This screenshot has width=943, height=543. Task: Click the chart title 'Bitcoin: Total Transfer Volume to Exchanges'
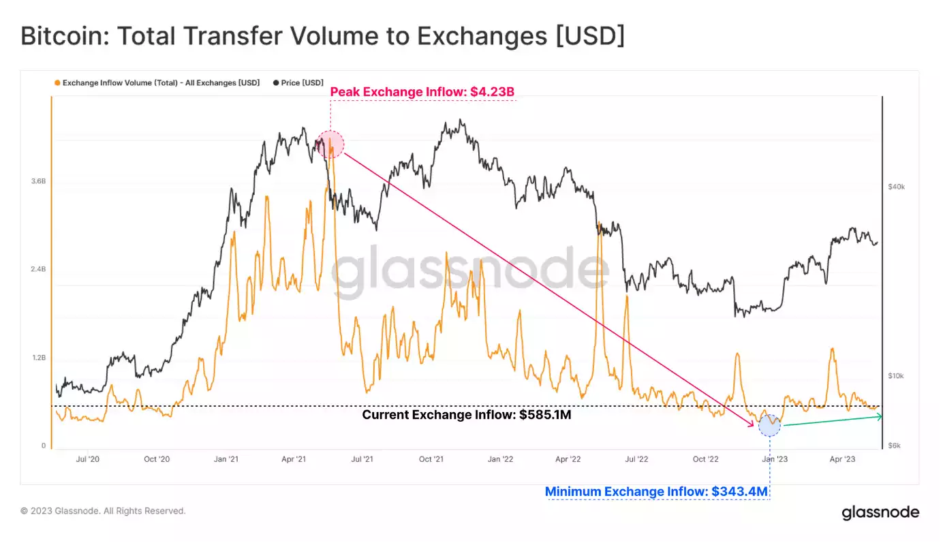322,37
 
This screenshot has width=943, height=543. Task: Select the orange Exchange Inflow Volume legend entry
157,83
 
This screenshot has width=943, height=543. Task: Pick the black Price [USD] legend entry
298,83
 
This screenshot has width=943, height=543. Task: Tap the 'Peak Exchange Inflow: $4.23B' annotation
422,92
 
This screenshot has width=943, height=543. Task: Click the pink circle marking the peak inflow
330,144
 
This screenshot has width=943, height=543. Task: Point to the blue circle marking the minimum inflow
770,425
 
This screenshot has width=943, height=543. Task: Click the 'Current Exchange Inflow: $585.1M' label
466,414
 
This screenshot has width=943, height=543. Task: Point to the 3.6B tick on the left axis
37,181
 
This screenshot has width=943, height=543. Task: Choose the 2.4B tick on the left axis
37,269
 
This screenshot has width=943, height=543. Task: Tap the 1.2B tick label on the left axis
37,358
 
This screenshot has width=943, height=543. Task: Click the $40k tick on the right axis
896,187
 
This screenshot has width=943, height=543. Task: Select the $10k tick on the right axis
896,376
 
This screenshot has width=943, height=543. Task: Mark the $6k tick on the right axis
895,446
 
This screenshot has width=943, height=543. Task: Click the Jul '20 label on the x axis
88,459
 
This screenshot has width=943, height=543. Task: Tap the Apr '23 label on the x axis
843,459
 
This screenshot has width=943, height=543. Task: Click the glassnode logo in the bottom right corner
880,512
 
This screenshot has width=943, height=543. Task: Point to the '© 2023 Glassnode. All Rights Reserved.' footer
103,511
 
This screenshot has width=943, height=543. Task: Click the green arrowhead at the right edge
880,416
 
